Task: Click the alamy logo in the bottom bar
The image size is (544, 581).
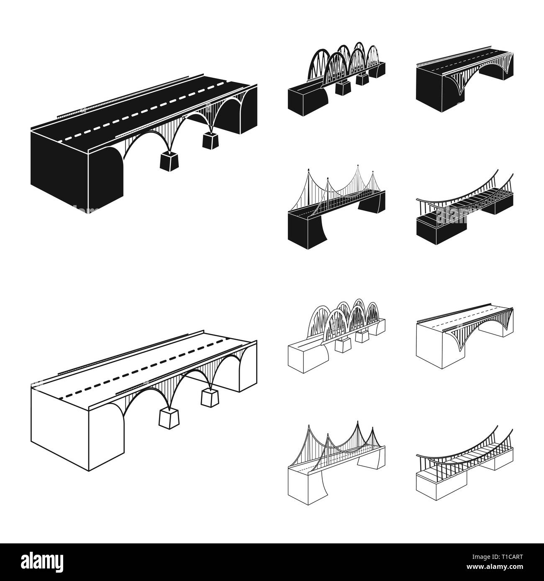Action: pos(42,561)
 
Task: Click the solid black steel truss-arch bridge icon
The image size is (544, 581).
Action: pos(336,79)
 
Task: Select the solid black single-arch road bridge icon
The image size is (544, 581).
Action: pos(464,79)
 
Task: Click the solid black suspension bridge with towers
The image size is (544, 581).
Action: pos(336,207)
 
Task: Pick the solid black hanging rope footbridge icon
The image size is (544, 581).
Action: pos(464,207)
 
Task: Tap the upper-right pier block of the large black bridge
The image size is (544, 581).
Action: pos(210,140)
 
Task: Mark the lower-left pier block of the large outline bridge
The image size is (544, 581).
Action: pos(169,419)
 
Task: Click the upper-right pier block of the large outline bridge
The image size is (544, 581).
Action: pos(210,398)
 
